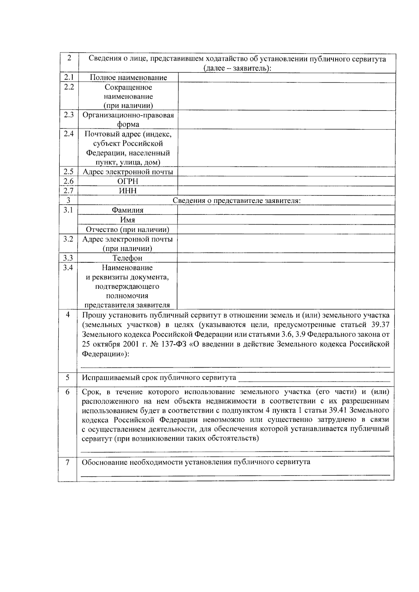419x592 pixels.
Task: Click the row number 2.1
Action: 69,77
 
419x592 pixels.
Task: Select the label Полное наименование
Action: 128,78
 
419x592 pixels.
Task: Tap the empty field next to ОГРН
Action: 286,181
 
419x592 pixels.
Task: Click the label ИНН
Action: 127,191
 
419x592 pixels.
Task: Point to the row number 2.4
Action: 69,134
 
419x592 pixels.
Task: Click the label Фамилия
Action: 127,210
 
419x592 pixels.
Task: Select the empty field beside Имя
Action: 286,220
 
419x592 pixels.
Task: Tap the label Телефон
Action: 127,258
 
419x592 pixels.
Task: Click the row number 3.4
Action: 68,268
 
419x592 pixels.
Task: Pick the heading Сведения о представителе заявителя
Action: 237,201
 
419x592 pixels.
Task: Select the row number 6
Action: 68,392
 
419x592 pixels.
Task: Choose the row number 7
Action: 68,462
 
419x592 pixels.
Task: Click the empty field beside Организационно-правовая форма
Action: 286,120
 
